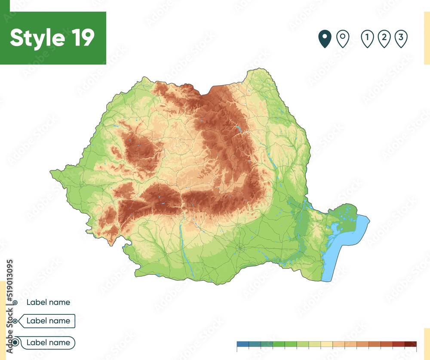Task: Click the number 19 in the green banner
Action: point(80,38)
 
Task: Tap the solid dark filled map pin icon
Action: point(325,39)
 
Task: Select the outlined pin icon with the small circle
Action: point(342,39)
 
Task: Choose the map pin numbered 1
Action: point(367,39)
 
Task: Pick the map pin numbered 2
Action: point(384,39)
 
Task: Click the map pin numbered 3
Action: point(400,39)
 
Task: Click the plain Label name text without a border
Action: point(48,302)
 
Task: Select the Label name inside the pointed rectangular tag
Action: point(48,321)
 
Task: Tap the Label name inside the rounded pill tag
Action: point(48,343)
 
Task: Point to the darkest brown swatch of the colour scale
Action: point(411,344)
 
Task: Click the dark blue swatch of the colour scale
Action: point(243,344)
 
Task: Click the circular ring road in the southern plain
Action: point(240,247)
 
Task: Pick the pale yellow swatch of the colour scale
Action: point(327,344)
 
